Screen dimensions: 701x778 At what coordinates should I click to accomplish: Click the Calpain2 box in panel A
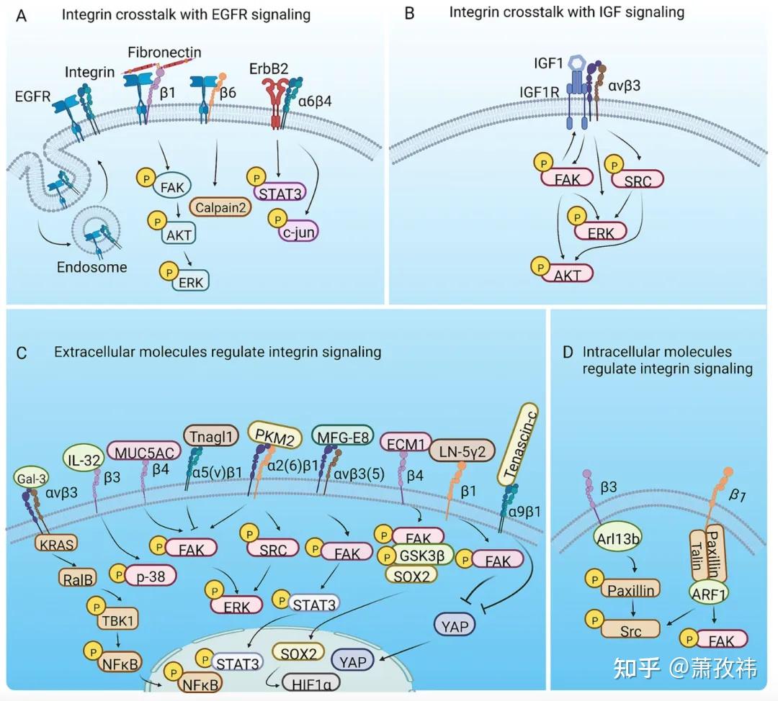tap(218, 209)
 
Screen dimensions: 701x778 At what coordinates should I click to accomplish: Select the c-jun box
tap(295, 232)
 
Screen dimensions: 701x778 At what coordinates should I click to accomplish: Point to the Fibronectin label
tap(164, 53)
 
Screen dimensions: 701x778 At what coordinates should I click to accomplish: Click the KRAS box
tap(55, 541)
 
